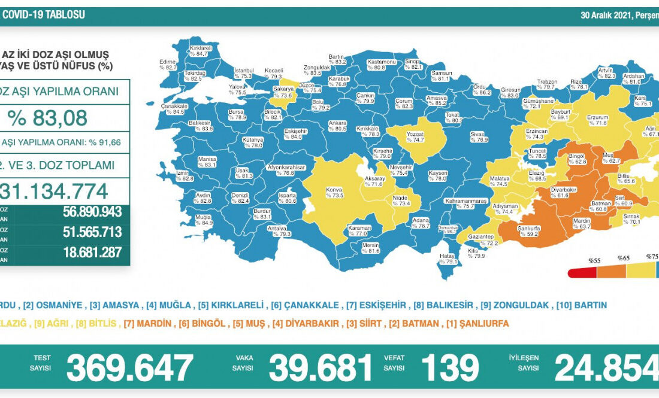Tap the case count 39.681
321,367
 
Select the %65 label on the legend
624,260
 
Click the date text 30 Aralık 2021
606,15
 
